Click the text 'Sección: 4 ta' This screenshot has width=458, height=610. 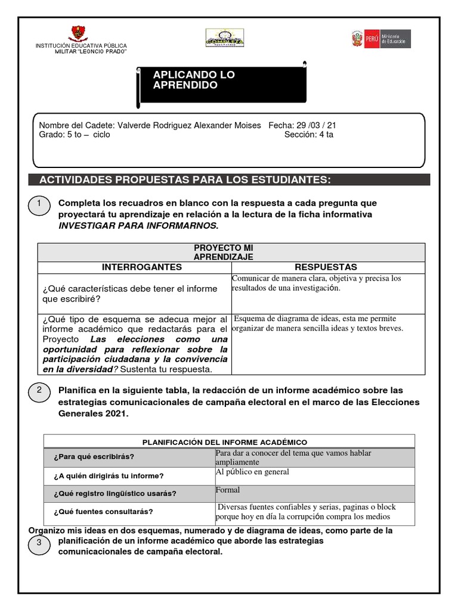pyautogui.click(x=310, y=135)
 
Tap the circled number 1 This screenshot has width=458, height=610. pyautogui.click(x=40, y=206)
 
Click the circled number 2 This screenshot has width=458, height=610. pyautogui.click(x=40, y=391)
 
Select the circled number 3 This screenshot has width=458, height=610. pyautogui.click(x=40, y=543)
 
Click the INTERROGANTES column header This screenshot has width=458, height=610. pyautogui.click(x=134, y=266)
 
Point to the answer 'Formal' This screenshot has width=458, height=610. pyautogui.click(x=228, y=490)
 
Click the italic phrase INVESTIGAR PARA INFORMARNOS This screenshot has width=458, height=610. pyautogui.click(x=138, y=225)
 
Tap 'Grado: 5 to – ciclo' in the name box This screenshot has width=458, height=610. pyautogui.click(x=75, y=135)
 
